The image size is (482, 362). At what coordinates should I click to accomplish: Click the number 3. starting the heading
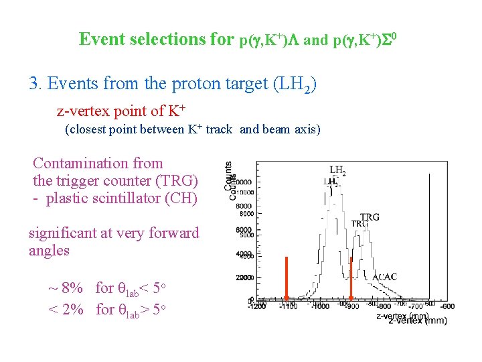(x=36, y=84)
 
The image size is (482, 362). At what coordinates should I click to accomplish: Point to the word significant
(x=64, y=233)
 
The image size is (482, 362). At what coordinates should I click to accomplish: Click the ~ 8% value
(x=66, y=289)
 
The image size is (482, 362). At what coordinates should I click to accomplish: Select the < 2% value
(x=65, y=309)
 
